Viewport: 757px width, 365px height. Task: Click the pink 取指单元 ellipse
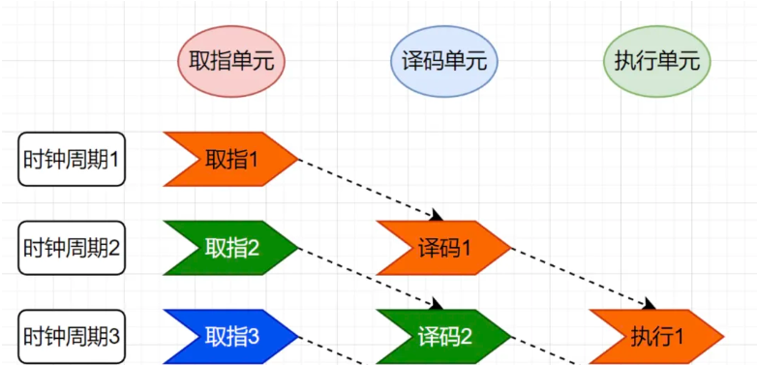pos(231,61)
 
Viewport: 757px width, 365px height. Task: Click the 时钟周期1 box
pos(72,159)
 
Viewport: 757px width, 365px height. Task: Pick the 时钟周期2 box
pos(72,247)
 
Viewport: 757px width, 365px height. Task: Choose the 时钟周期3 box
pos(72,336)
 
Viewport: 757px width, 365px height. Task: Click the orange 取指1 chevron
pos(230,159)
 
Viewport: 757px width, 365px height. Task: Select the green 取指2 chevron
pos(230,248)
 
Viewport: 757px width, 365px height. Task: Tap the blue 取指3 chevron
pos(230,337)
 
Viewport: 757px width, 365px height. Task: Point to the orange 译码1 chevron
pos(443,248)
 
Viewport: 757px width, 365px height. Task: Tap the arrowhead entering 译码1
pos(437,215)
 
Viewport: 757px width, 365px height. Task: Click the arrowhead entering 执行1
pos(650,304)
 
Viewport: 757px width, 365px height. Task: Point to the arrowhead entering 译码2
pos(437,304)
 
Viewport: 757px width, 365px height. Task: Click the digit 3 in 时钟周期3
pos(114,336)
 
